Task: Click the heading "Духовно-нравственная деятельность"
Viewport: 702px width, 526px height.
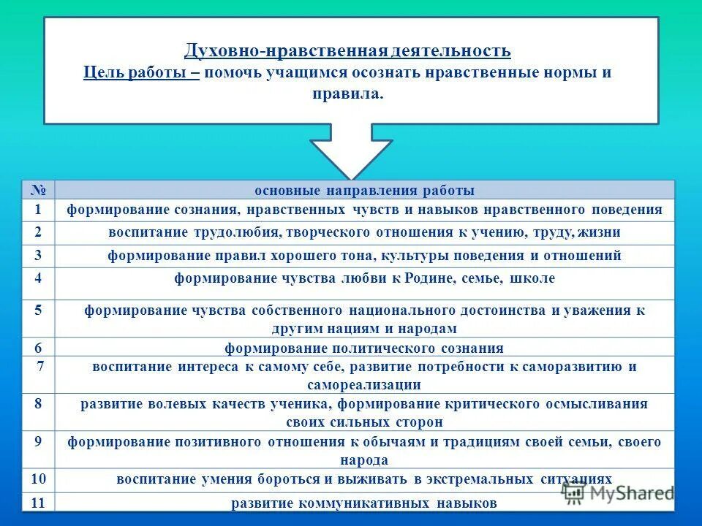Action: [x=347, y=51]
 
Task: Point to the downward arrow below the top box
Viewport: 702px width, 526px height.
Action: [x=351, y=153]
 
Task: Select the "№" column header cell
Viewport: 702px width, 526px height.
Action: [x=39, y=190]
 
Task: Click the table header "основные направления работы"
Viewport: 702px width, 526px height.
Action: [x=364, y=191]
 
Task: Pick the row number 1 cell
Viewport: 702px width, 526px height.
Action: [x=39, y=210]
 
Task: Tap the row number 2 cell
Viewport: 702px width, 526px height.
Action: [x=39, y=233]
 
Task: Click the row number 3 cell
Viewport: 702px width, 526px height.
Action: [x=39, y=256]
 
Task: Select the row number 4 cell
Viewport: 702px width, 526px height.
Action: [x=39, y=278]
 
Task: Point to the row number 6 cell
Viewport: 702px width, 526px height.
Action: [x=39, y=348]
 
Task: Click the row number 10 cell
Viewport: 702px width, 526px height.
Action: [x=39, y=479]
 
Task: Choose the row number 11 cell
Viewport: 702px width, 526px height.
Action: [x=39, y=503]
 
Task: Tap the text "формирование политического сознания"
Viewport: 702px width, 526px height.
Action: [x=364, y=348]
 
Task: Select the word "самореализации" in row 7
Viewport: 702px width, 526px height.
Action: [x=364, y=384]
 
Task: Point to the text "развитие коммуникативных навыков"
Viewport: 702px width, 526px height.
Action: [x=364, y=503]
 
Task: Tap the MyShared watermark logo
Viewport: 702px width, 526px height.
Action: [x=618, y=493]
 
